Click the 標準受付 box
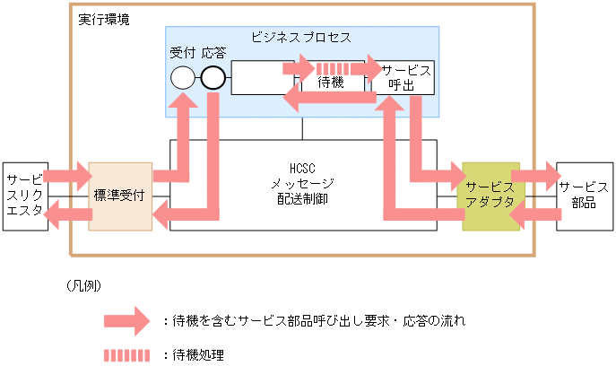(x=120, y=196)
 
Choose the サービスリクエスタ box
(x=25, y=196)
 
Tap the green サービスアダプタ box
(x=490, y=196)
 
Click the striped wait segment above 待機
(x=332, y=67)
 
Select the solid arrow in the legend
(x=125, y=319)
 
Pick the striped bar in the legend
(x=126, y=354)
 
